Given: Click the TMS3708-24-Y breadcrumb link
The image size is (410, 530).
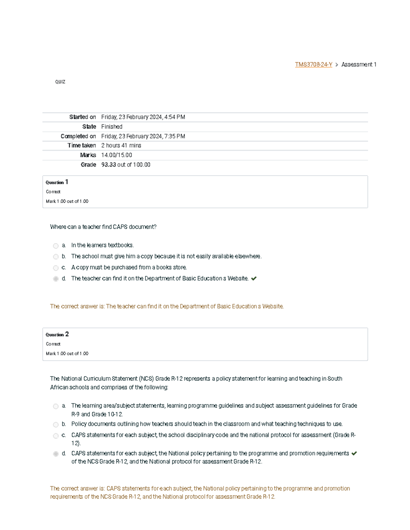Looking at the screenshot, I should point(313,65).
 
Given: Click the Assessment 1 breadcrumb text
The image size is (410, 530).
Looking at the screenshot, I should point(359,65).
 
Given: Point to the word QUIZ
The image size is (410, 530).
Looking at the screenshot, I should point(60,82).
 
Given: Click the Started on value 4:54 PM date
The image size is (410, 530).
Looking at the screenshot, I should point(143,117).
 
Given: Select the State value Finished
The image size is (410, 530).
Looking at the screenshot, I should point(112,127).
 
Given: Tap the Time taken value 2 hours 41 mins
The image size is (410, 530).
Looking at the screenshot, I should point(121,145).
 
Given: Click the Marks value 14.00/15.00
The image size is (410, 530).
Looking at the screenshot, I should point(117,155).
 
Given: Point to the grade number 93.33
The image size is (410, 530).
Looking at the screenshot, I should point(109,165).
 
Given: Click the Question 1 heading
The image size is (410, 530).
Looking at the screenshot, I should point(57,182).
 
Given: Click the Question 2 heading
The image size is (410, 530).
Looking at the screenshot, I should point(57,334).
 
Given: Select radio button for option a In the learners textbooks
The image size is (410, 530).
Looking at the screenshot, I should point(56,246).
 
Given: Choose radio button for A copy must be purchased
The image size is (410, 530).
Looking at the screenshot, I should point(56,268).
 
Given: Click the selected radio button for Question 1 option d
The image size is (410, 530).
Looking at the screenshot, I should point(56,279).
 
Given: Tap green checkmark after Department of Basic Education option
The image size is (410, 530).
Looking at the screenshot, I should point(254,278).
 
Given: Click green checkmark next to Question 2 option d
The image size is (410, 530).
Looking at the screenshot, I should point(354,454).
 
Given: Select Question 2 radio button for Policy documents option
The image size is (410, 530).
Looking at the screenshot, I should point(56,425).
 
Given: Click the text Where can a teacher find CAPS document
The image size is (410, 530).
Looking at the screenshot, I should point(103,227).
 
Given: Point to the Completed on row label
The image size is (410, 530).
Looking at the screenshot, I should point(78,136).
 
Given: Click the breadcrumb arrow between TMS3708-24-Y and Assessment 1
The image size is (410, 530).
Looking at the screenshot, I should point(337,65).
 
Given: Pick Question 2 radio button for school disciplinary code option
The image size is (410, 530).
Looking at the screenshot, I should point(56,436).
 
